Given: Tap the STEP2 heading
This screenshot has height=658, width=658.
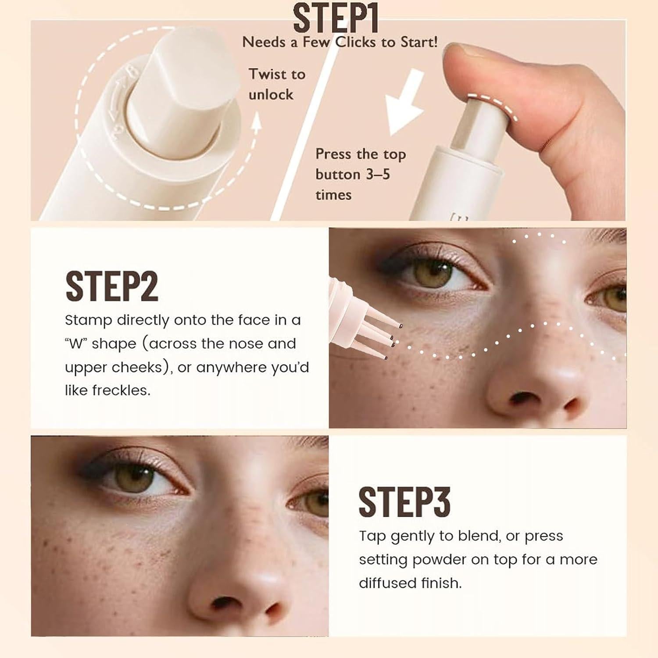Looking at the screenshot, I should coord(111,286).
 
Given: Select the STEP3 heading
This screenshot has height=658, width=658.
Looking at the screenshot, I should coord(404,502).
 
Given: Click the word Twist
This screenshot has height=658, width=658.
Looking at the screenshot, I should coord(265,74).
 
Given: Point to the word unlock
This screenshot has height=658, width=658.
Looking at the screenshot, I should coord(271,95).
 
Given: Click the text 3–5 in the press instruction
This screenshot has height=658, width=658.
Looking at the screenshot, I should coord(378,174).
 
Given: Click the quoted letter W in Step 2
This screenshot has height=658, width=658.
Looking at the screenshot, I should coord(76,343).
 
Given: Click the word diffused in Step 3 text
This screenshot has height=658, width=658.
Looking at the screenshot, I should coord(386,583).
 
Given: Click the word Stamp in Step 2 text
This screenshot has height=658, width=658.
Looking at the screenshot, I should coord(88,320).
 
